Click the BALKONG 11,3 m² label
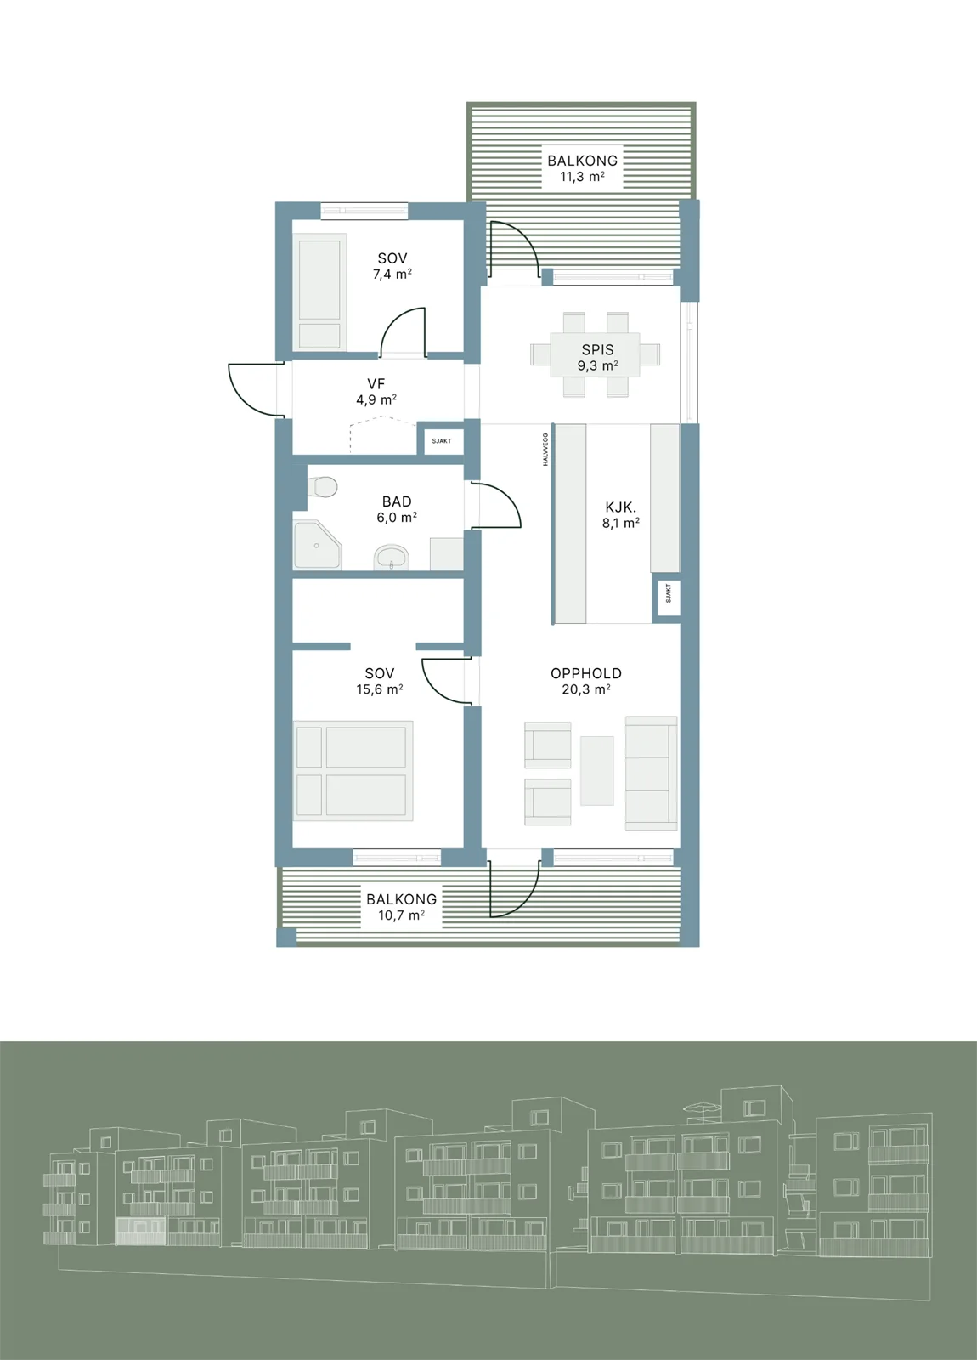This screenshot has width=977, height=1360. pos(582,168)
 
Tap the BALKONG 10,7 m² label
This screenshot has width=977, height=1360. pos(401,907)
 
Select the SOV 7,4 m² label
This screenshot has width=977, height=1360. pos(392,266)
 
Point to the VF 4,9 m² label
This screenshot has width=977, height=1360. pos(376,392)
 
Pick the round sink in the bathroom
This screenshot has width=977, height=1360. pos(392,557)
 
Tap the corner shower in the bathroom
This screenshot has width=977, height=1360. pos(317,545)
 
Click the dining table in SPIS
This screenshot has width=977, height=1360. pos(595,354)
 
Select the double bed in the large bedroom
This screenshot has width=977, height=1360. pos(353,771)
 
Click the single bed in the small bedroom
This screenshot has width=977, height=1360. pos(319,292)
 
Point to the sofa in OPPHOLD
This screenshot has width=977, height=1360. pos(651,773)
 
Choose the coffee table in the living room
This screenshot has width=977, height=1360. pos(596,771)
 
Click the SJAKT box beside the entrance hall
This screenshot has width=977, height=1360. pos(441,440)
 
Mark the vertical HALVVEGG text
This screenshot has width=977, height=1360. pos(545,450)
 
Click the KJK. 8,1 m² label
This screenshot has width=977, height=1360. pos(621,515)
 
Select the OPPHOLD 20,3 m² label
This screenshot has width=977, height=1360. pos(586,681)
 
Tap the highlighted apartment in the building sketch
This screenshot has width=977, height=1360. pos(140,1231)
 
